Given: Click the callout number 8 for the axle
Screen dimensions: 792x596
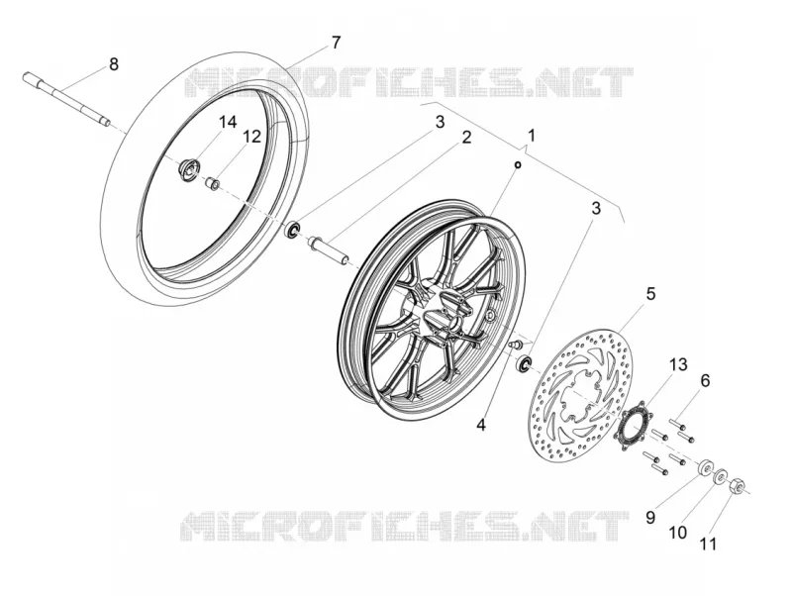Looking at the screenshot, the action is (114, 64).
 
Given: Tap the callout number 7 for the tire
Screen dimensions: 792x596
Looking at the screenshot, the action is (337, 43).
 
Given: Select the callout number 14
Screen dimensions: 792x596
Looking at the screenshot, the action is (228, 122).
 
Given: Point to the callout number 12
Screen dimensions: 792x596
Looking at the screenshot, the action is (251, 137).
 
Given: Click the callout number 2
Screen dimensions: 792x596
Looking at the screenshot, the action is (465, 137).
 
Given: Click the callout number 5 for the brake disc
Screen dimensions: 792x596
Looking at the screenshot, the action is (650, 294).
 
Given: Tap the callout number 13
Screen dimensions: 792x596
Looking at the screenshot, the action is (679, 364).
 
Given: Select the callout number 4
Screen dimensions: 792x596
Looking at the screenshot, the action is (481, 425).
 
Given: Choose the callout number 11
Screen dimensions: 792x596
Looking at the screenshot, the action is (708, 544).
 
